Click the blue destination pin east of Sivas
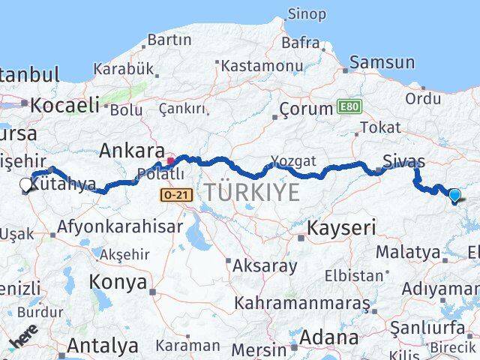pos(454,196)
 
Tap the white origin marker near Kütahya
pos(26,184)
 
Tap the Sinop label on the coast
pos(307,14)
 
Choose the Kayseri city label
pos(341,227)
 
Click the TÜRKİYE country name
pos(253,192)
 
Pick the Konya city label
pos(118,282)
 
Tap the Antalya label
pos(103,346)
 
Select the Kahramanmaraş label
pos(301,304)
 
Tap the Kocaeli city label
pos(64,104)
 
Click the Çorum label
pos(305,109)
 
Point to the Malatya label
pos(407,252)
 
